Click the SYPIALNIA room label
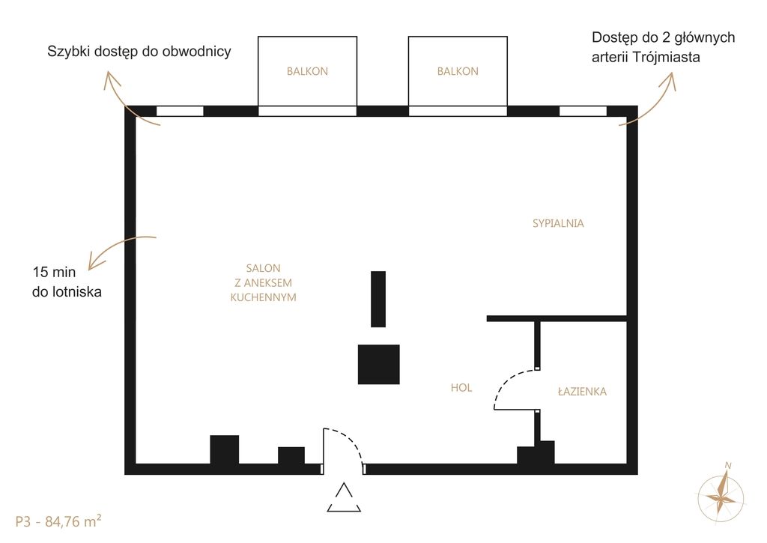pos(558,223)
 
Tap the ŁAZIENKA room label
pos(582,392)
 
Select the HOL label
pos(461,388)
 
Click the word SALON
pos(263,268)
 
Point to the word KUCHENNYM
pos(263,297)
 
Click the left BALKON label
pos(307,71)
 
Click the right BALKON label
pos(458,71)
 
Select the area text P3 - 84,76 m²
pos(58,521)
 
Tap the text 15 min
pos(54,272)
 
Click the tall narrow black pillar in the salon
pos(378,299)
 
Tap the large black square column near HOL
pos(378,365)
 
